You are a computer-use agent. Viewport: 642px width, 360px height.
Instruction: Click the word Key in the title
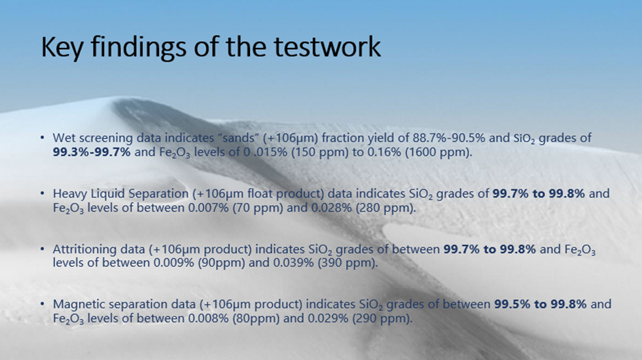tap(62, 47)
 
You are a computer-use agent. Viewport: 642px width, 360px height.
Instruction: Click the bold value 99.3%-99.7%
tap(92, 152)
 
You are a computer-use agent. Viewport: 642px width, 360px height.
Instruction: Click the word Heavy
tap(70, 193)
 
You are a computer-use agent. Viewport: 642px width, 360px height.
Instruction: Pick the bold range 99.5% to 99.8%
tap(540, 304)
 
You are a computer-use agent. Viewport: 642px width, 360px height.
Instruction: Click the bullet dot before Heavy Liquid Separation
tap(42, 193)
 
